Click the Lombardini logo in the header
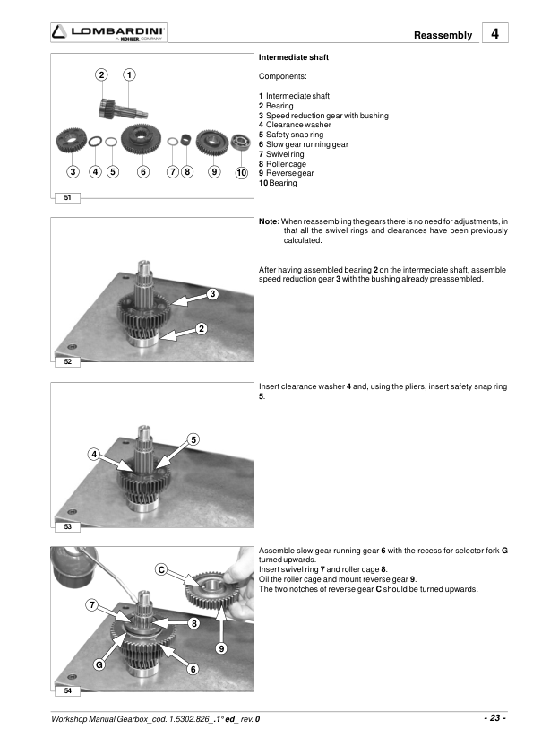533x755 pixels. coord(108,32)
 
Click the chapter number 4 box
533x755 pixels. coord(495,33)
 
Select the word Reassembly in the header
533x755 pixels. coord(443,35)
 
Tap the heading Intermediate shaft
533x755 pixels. coord(294,57)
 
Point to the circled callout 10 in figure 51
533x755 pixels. coord(242,172)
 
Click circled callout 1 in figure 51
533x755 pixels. coord(129,74)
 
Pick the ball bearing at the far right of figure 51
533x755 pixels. coord(241,142)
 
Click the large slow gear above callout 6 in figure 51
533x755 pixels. coord(141,139)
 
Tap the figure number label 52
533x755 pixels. coord(67,361)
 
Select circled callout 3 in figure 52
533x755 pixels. coord(212,294)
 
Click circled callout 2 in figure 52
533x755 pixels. coord(202,329)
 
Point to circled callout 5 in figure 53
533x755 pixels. coord(193,439)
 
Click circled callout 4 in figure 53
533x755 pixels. coord(94,454)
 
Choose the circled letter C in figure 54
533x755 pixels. coord(161,569)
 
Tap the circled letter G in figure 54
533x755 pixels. coord(99,664)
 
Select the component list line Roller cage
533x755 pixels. coord(282,164)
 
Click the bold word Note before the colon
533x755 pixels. coord(268,221)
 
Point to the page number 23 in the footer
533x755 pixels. coord(495,718)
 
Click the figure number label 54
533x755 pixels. coord(67,691)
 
